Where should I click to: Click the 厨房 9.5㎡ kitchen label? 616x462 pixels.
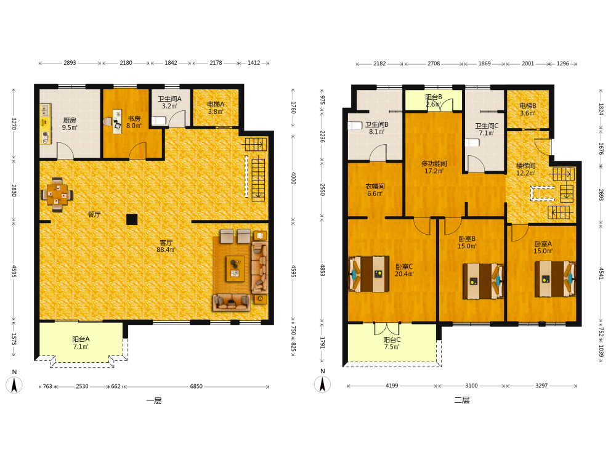pos(70,124)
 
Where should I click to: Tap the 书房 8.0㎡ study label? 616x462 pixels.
pos(134,122)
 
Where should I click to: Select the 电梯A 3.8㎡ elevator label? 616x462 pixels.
pos(216,108)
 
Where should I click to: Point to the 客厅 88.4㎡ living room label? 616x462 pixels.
pos(166,246)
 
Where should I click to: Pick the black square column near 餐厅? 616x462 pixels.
pos(132,219)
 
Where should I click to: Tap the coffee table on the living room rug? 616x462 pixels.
pos(235,269)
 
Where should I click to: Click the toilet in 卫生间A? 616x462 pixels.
pos(159,120)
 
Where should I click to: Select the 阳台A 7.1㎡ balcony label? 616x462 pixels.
pos(81,342)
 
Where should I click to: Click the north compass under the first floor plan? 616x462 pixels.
pos(14,384)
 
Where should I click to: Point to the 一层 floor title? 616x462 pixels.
pos(154,401)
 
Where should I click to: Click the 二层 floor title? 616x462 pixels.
pos(462,400)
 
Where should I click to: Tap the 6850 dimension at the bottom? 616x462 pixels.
pos(197,387)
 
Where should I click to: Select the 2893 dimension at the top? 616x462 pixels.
pos(70,63)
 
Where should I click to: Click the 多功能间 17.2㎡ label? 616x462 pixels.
pos(434,167)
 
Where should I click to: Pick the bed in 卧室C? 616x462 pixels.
pos(368,274)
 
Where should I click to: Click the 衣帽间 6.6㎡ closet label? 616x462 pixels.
pos(375,190)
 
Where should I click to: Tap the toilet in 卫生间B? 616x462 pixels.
pos(355,126)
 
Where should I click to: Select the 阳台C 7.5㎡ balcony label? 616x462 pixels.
pos(392,343)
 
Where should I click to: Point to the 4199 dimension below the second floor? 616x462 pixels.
pos(392,386)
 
